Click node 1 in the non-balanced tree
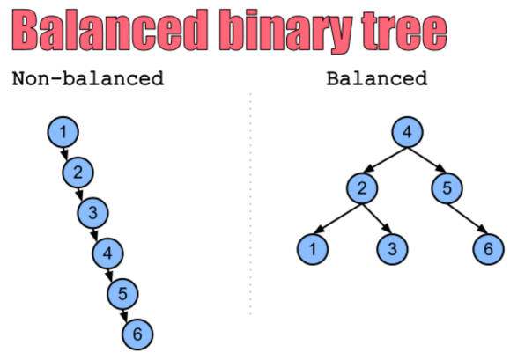(63, 132)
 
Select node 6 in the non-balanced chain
(137, 334)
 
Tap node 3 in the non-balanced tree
(93, 213)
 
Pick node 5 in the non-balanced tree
(122, 293)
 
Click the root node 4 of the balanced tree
(407, 132)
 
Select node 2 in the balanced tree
(362, 188)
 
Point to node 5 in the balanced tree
(447, 188)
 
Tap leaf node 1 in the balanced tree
(313, 249)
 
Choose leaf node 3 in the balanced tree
(392, 249)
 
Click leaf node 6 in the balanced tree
(488, 249)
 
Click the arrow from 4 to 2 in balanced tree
(385, 160)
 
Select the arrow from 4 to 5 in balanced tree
(426, 160)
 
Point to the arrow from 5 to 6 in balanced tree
(468, 218)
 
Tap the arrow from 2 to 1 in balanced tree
(337, 218)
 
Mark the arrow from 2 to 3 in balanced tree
(377, 218)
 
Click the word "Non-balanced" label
(88, 78)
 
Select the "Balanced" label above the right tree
(377, 78)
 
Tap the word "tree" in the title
(404, 30)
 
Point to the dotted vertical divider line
(250, 204)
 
